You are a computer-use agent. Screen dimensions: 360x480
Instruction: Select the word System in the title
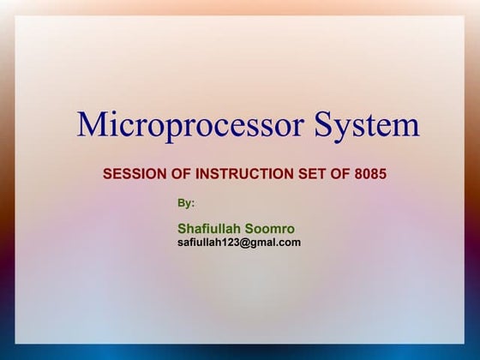pos(366,125)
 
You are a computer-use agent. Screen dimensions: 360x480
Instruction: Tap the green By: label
pos(186,203)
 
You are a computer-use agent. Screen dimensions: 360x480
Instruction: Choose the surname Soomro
pos(269,229)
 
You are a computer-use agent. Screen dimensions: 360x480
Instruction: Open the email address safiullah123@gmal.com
pos(239,243)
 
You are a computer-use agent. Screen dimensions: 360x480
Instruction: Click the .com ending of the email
pos(288,243)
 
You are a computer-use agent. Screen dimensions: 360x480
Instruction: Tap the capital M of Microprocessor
pos(92,125)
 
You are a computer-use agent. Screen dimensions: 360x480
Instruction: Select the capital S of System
pos(321,125)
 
